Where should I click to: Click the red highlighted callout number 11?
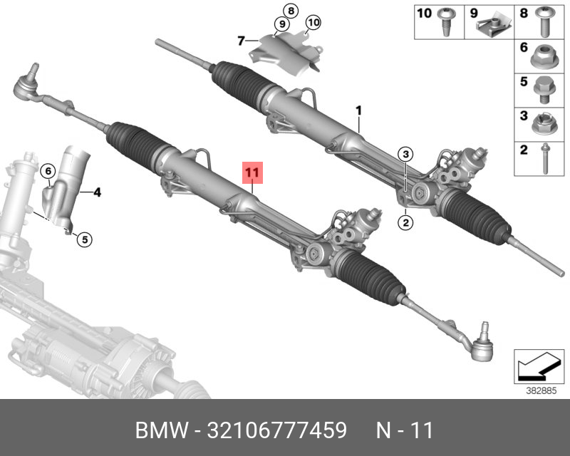click(253, 172)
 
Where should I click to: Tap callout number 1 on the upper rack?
click(359, 110)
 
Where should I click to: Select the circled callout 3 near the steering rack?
click(405, 155)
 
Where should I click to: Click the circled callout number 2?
click(405, 222)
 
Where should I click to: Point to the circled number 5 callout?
click(83, 240)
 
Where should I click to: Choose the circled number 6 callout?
click(47, 171)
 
